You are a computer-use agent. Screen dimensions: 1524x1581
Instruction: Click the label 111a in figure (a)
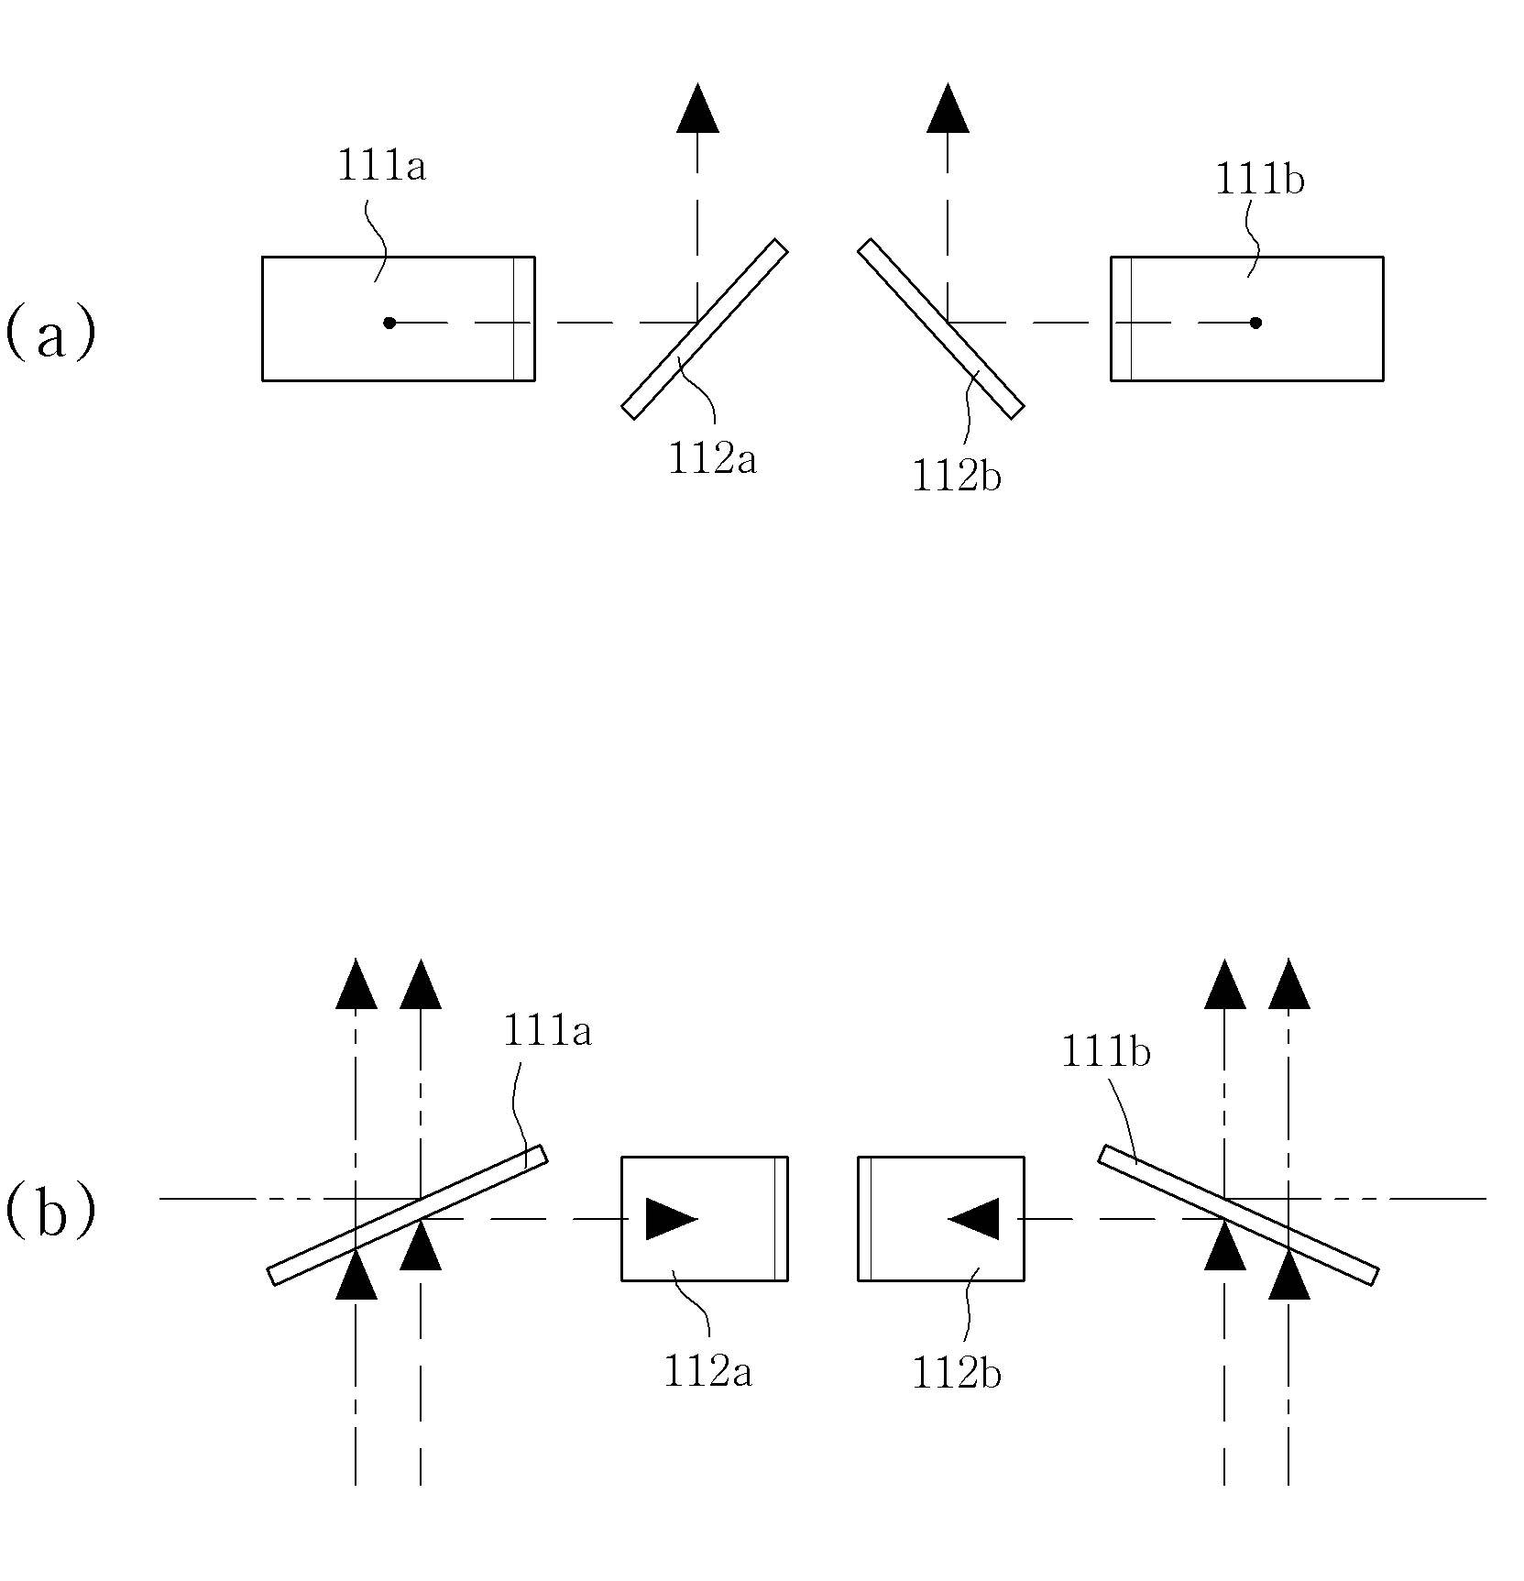[x=381, y=167]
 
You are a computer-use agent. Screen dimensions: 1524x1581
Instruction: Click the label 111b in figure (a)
[x=1259, y=179]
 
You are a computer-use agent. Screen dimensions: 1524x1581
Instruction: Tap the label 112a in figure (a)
[x=712, y=458]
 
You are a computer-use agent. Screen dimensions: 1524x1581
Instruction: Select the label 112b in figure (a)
[x=956, y=476]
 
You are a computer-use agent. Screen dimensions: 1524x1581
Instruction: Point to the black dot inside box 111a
[x=389, y=323]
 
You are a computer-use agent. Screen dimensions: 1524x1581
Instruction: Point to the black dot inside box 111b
[x=1255, y=323]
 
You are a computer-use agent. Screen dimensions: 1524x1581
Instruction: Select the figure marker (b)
[x=50, y=1213]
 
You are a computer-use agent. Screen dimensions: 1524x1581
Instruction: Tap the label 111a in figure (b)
[x=547, y=1032]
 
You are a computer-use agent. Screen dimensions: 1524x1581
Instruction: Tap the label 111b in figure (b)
[x=1105, y=1052]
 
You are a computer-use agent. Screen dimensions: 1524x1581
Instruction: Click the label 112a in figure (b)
[x=707, y=1373]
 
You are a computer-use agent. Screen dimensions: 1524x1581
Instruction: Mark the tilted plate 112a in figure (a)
[x=705, y=329]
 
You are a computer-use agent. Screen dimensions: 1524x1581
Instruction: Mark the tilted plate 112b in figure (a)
[x=940, y=329]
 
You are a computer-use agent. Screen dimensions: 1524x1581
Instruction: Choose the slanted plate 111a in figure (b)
[x=407, y=1215]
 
